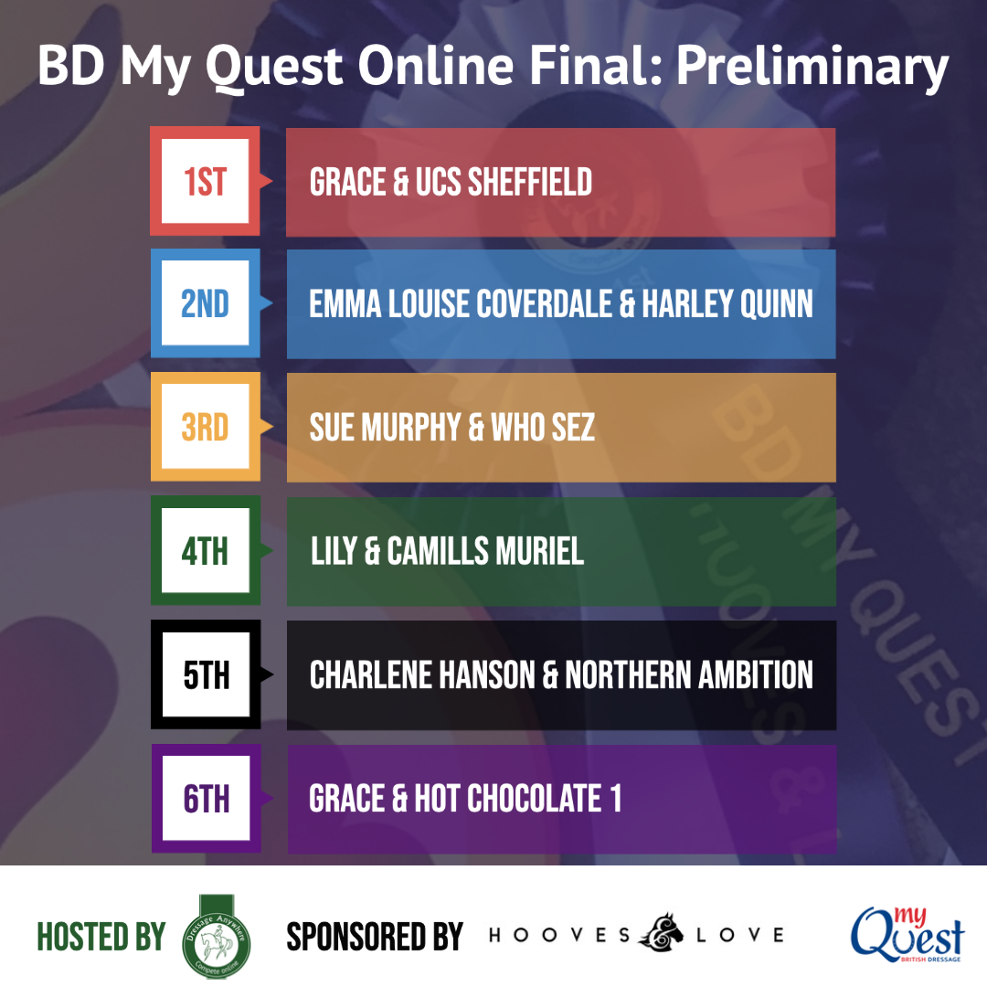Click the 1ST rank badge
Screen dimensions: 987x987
[206, 181]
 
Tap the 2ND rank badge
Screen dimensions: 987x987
[206, 303]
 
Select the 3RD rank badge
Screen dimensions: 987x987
[206, 427]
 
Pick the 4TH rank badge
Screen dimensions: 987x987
[206, 550]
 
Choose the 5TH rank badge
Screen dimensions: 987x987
[206, 674]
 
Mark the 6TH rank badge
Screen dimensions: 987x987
[206, 798]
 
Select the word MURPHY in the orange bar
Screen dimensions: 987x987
[411, 428]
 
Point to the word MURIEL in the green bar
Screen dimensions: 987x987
[539, 551]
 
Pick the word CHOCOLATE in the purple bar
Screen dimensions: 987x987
[534, 798]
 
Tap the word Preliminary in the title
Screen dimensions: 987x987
[812, 67]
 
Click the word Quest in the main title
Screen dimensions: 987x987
[274, 68]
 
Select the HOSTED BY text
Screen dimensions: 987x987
[101, 937]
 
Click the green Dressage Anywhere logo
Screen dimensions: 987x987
[216, 938]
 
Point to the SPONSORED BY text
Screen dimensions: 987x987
[375, 937]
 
